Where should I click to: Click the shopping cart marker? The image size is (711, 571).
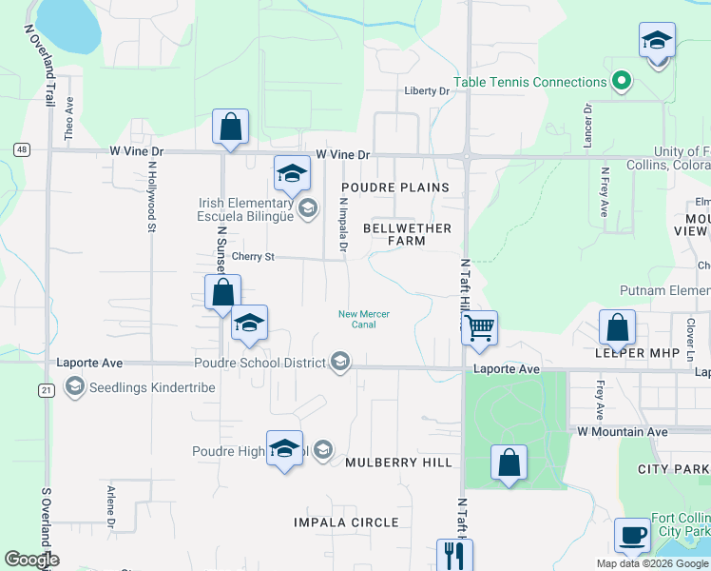(x=480, y=329)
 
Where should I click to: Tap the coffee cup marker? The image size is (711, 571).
(x=632, y=537)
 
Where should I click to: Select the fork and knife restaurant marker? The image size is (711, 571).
(x=453, y=554)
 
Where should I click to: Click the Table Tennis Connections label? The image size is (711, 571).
(x=529, y=82)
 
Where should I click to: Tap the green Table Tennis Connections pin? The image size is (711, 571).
(x=622, y=82)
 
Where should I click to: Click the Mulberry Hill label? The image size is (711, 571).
(x=398, y=463)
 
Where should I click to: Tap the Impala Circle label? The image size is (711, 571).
(x=346, y=522)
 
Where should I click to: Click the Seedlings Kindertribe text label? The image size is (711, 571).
(x=152, y=387)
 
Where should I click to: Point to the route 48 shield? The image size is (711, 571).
(x=21, y=149)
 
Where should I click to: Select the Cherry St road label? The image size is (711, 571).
(x=253, y=257)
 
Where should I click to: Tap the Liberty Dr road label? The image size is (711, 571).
(x=426, y=91)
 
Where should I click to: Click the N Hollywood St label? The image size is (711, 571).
(x=151, y=195)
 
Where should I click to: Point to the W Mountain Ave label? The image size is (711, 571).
(x=623, y=431)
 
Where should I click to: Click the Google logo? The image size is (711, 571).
(x=32, y=560)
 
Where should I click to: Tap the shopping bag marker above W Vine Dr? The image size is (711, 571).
(x=231, y=127)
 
